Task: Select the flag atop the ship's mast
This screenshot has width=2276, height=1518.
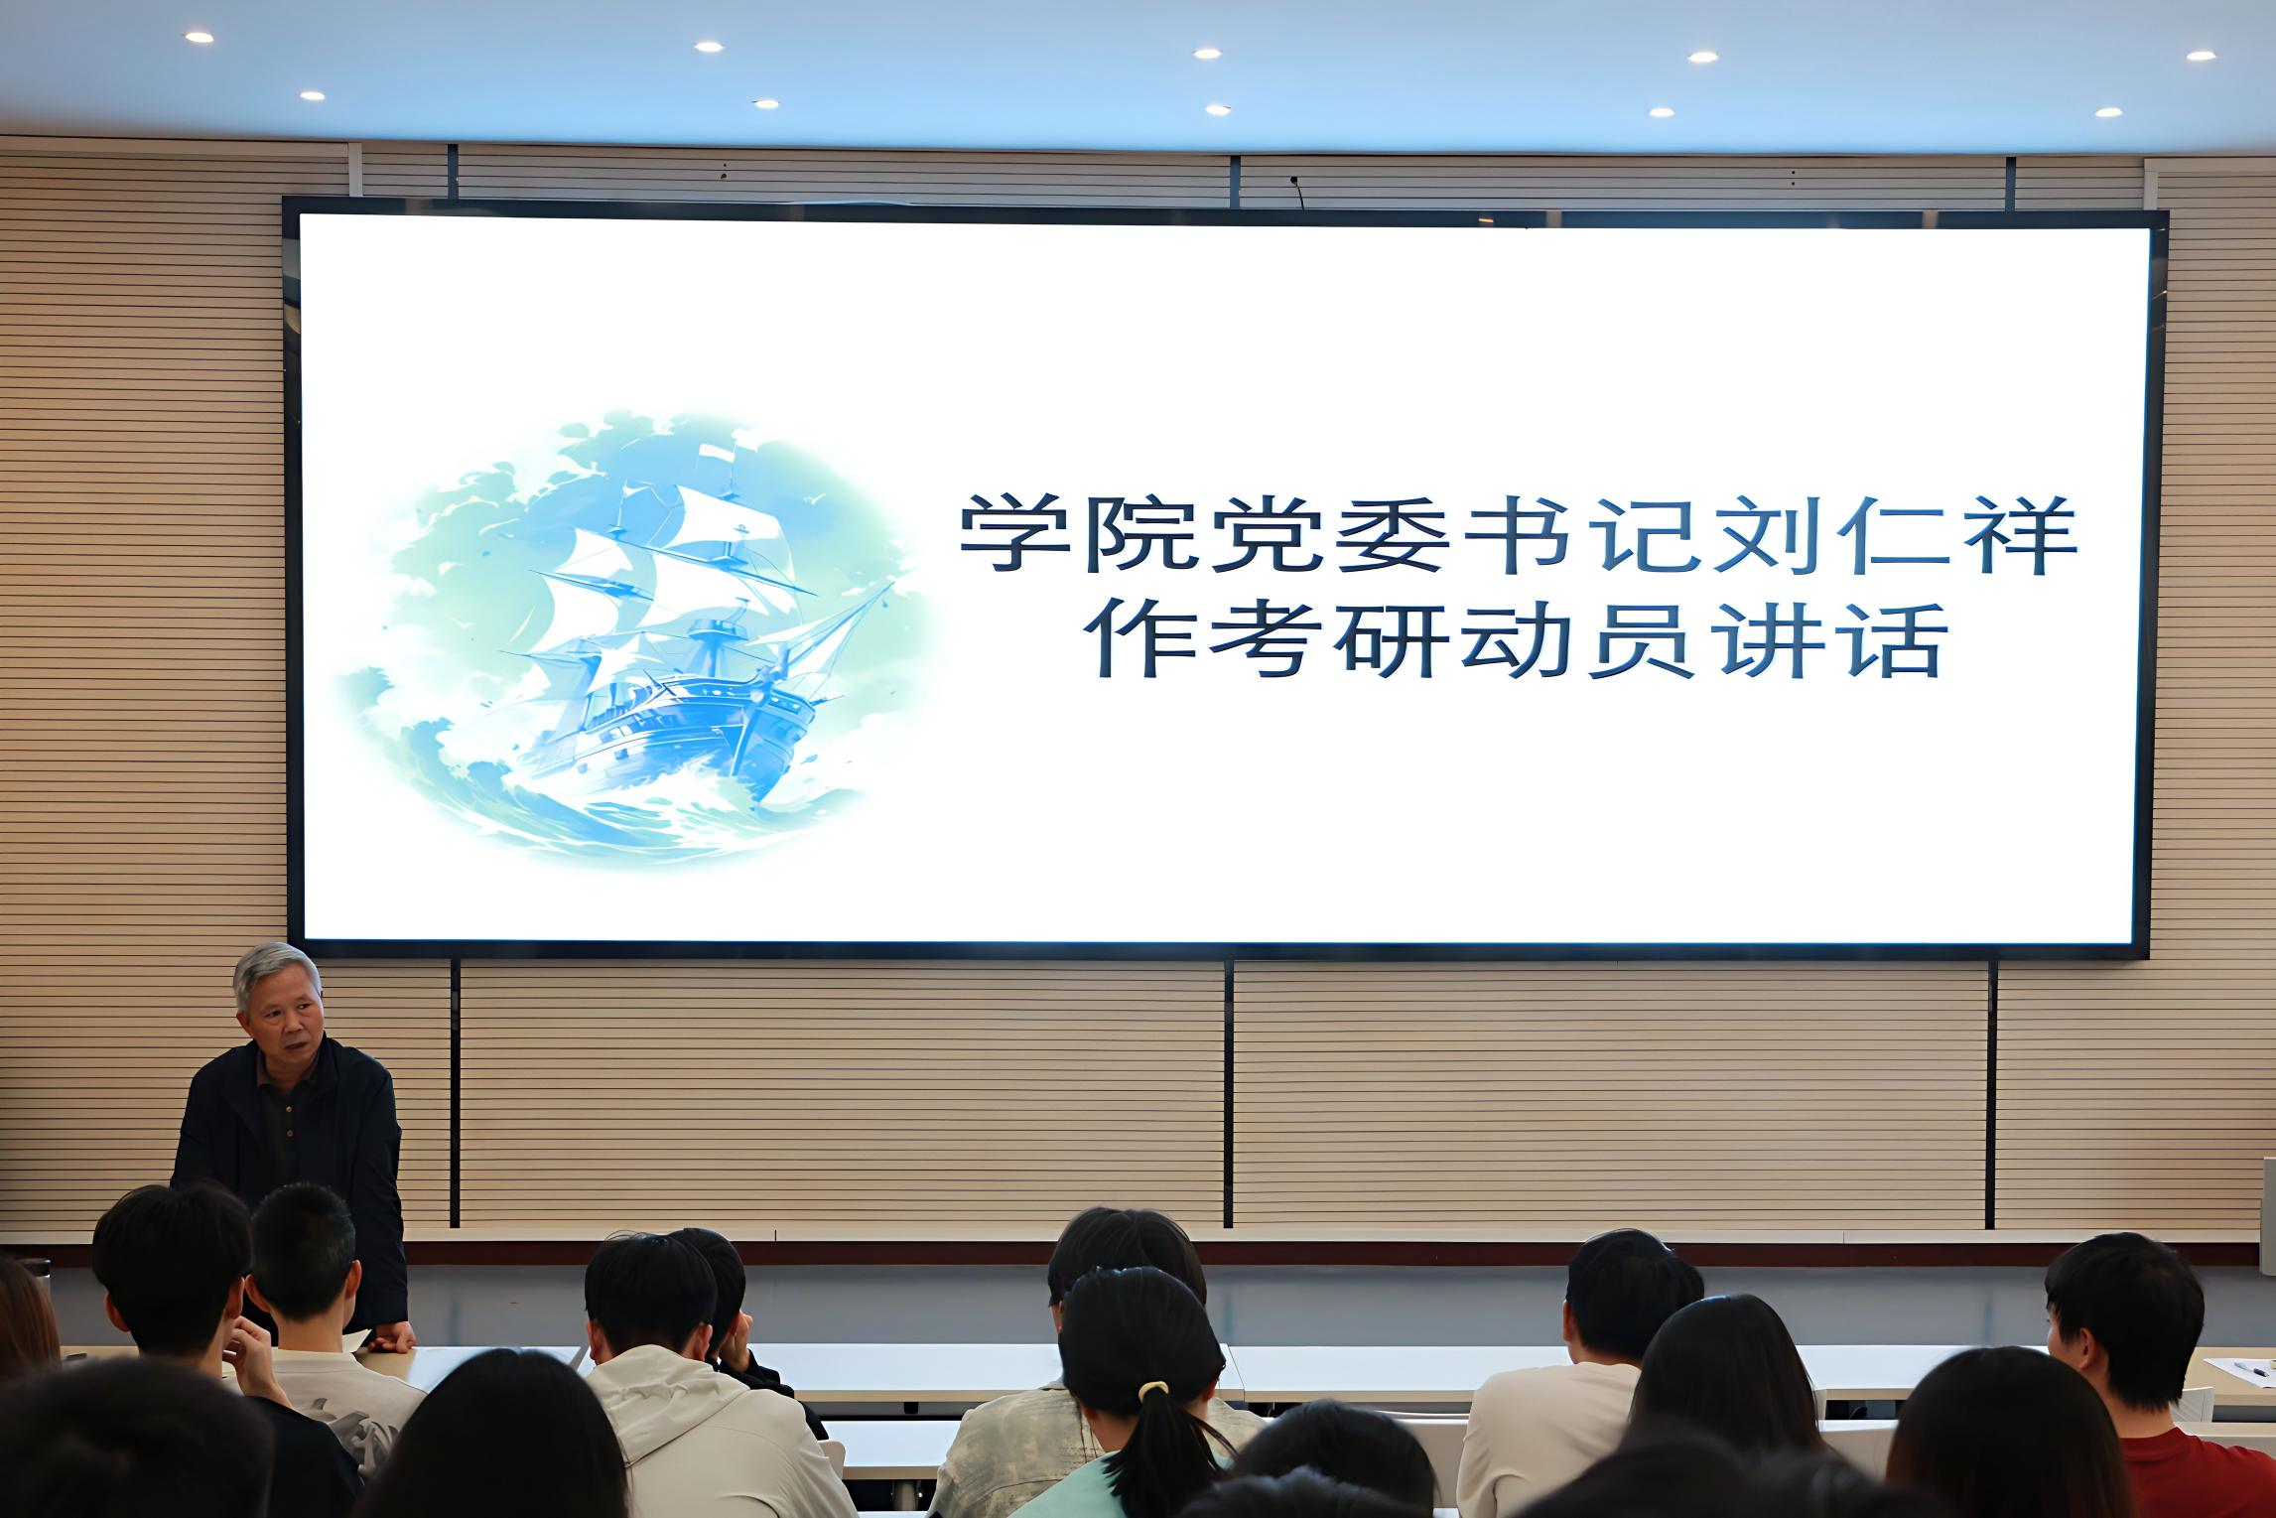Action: click(717, 453)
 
